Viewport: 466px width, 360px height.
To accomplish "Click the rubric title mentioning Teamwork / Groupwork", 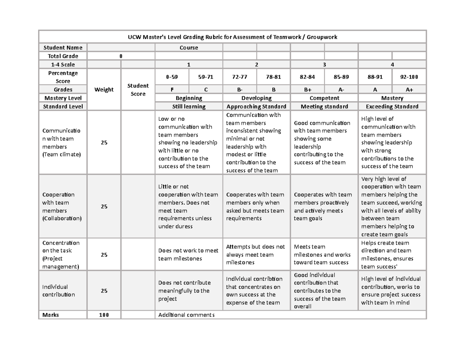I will pyautogui.click(x=233, y=37).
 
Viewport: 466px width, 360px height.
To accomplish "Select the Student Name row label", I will pyautogui.click(x=63, y=48).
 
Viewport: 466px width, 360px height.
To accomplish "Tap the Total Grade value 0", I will pyautogui.click(x=121, y=56).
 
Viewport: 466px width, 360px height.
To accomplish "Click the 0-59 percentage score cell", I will pyautogui.click(x=172, y=77).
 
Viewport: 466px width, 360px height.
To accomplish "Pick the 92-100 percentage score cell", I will pyautogui.click(x=409, y=77).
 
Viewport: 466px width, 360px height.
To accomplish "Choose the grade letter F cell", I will pyautogui.click(x=172, y=90).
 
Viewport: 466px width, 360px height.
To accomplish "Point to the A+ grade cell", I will pyautogui.click(x=409, y=90).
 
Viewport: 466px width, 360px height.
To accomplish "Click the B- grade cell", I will pyautogui.click(x=240, y=90).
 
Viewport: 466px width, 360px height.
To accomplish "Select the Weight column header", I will pyautogui.click(x=104, y=90).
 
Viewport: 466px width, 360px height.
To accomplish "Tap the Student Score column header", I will pyautogui.click(x=138, y=90).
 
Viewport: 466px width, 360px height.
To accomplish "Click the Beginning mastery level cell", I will pyautogui.click(x=189, y=98).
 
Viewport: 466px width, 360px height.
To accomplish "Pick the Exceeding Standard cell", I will pyautogui.click(x=392, y=106).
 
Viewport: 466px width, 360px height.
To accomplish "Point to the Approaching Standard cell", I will pyautogui.click(x=256, y=106).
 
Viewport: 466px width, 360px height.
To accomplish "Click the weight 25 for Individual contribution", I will pyautogui.click(x=104, y=291).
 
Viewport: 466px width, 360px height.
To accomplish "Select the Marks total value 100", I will pyautogui.click(x=104, y=315).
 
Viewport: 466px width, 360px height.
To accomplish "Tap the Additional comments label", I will pyautogui.click(x=186, y=315).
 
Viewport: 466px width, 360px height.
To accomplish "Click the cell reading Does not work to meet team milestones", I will pyautogui.click(x=189, y=255).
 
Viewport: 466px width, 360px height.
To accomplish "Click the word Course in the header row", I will pyautogui.click(x=189, y=48).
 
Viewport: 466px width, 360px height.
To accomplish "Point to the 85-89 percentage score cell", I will pyautogui.click(x=341, y=77).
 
